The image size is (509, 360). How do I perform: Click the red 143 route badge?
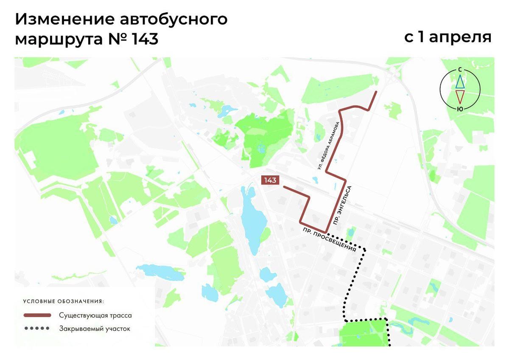[x=270, y=180]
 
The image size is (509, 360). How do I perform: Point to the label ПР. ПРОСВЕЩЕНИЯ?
[x=329, y=240]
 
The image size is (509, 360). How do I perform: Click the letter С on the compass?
[x=460, y=70]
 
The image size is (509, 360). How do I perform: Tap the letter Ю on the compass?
[x=460, y=109]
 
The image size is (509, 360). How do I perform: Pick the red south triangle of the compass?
[x=460, y=97]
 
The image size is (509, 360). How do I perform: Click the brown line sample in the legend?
[x=37, y=315]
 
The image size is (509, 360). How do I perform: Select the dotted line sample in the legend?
[x=37, y=328]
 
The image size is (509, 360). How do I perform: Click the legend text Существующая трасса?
[x=95, y=315]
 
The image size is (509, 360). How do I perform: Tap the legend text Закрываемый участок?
[x=95, y=328]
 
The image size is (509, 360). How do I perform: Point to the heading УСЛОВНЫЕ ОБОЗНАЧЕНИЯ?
[x=64, y=301]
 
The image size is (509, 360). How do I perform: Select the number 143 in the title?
[x=145, y=39]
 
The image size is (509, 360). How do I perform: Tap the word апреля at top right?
[x=460, y=37]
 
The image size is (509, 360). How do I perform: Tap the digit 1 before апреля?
[x=421, y=37]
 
